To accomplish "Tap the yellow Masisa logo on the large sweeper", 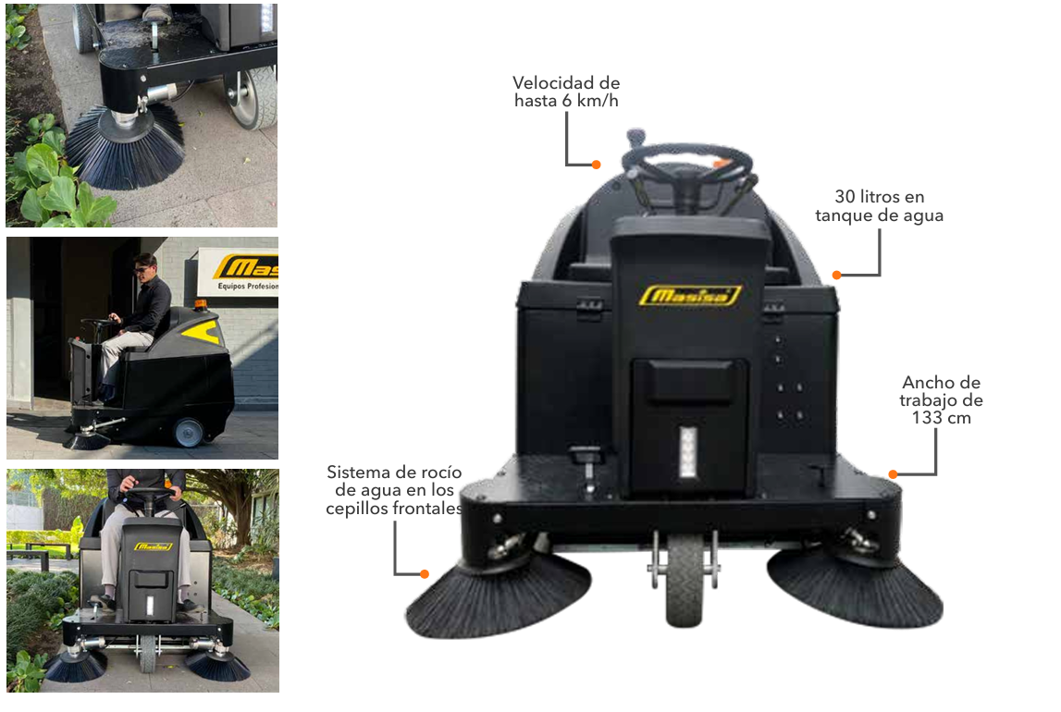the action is coord(690,296).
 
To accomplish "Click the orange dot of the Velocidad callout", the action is coord(596,165).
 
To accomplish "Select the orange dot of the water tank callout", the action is coord(837,276).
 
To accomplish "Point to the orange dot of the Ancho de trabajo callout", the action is coord(894,474).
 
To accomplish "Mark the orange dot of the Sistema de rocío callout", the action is coord(425,574).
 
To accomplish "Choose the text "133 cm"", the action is coord(942,418).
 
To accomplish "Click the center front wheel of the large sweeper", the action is coord(685,580).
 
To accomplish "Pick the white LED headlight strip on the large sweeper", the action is coord(688,452).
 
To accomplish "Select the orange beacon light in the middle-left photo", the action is coord(201,306).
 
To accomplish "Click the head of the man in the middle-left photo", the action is coord(145,264).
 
